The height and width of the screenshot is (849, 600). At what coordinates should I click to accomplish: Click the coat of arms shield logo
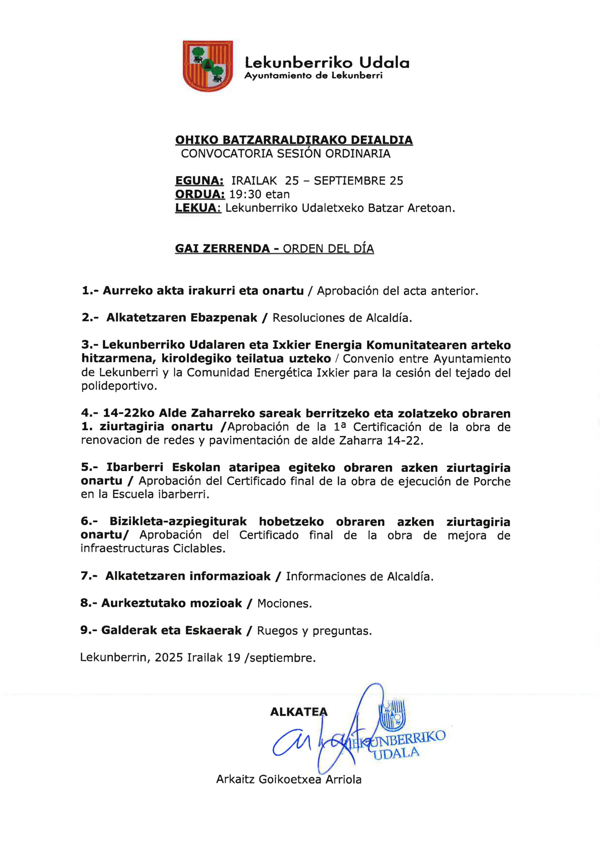point(208,66)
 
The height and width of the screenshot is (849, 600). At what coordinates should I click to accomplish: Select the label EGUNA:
point(199,180)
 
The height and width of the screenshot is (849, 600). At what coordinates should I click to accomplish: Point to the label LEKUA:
point(198,208)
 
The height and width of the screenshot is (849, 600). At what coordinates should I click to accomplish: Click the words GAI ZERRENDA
point(222,248)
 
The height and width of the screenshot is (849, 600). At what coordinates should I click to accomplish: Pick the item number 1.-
point(90,291)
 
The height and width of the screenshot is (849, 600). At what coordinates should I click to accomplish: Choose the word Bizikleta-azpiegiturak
point(178,522)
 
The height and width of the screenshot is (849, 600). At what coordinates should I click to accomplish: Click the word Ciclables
point(199,549)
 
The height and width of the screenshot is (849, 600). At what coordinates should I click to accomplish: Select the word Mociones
point(284,604)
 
